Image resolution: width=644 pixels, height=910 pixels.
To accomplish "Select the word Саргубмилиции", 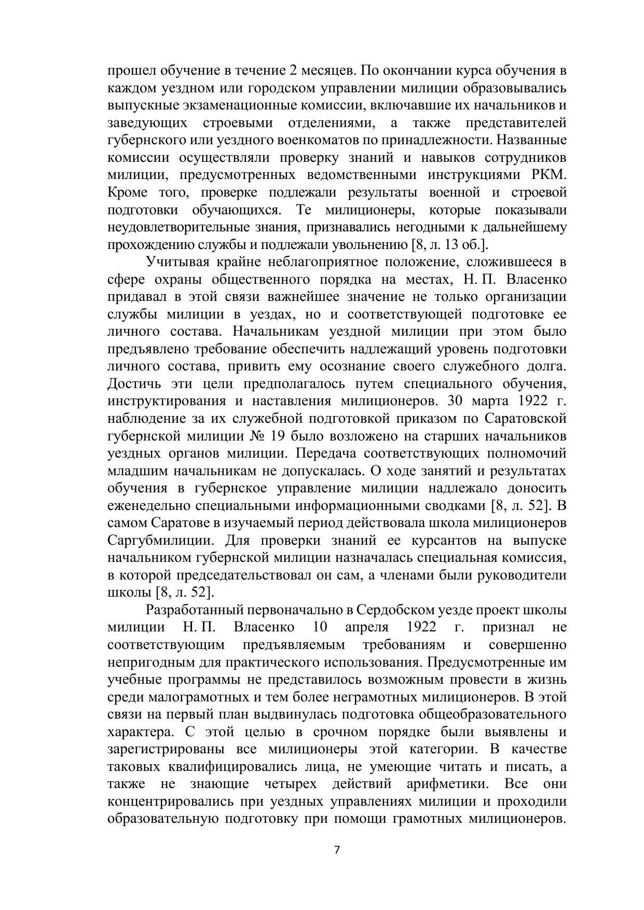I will (161, 540).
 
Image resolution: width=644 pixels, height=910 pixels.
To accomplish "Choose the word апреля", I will (367, 627).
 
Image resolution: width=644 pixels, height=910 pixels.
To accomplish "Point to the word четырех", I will (285, 783).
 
